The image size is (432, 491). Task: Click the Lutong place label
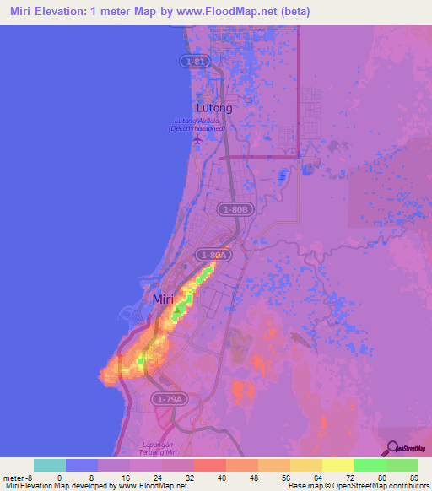coord(214,108)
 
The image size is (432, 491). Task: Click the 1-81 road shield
coord(196,62)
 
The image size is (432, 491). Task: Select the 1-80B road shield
coord(235,208)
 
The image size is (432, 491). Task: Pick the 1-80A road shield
coord(213,254)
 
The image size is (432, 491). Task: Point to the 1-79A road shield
coord(168,398)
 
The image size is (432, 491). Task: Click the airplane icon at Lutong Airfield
coord(197,138)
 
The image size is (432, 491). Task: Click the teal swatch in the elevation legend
coord(50,465)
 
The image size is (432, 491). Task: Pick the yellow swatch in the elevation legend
coord(338,465)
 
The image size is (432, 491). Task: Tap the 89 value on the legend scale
coord(413,477)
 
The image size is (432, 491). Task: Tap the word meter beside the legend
coord(13,477)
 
